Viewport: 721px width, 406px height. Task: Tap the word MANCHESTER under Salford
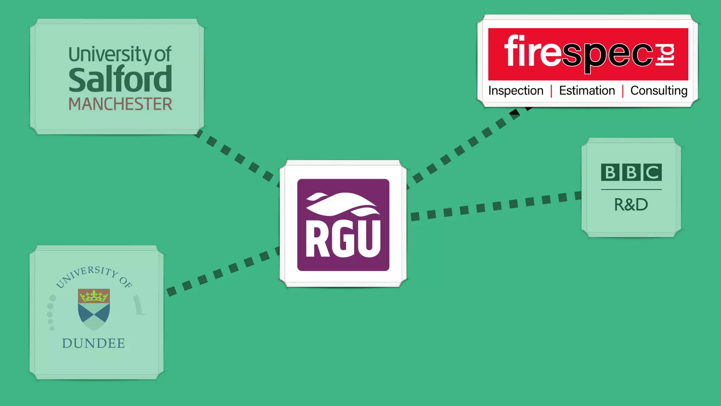coord(120,104)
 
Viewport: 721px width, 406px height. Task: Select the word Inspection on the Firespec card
coord(516,91)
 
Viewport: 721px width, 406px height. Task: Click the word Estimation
coord(587,91)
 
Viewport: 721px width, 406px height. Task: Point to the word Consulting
coord(659,91)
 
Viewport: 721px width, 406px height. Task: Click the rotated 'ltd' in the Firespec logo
coord(665,55)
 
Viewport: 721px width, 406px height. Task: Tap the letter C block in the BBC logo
coord(652,172)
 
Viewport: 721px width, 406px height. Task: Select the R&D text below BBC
coord(631,205)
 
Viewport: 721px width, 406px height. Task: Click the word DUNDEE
coord(94,343)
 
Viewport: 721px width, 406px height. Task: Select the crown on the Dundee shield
coord(94,296)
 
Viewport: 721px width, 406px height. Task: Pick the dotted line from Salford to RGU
coord(239,158)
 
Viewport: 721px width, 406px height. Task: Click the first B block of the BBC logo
coord(610,172)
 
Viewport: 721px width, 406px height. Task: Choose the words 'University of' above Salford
coord(120,55)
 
